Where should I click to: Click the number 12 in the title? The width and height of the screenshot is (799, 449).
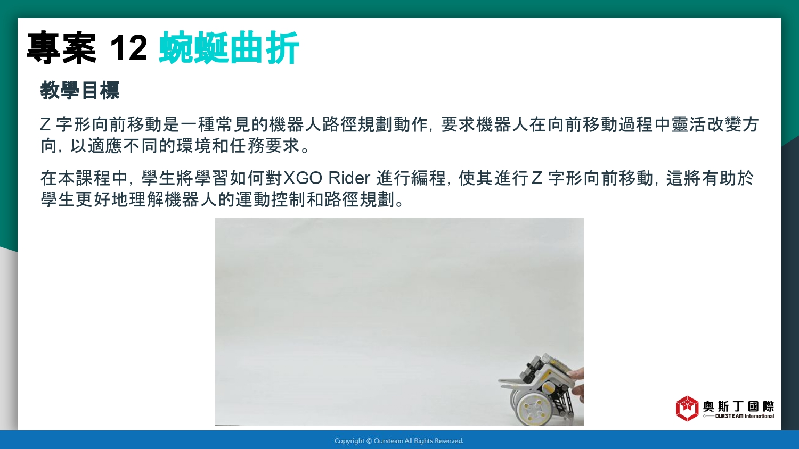128,48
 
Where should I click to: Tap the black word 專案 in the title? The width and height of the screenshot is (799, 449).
61,48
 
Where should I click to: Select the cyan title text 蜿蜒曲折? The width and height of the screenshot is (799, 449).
229,48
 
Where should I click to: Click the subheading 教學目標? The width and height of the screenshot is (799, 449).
79,90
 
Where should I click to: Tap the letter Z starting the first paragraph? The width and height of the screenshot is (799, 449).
45,124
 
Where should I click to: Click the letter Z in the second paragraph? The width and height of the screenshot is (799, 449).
536,178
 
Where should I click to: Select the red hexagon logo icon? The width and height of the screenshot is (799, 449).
687,409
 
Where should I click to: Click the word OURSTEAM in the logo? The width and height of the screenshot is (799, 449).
729,416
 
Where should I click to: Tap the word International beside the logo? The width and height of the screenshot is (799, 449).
760,416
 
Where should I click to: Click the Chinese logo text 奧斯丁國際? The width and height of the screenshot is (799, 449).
738,406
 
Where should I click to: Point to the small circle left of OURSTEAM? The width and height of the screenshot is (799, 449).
705,416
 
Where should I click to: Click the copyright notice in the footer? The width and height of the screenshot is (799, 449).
399,441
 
